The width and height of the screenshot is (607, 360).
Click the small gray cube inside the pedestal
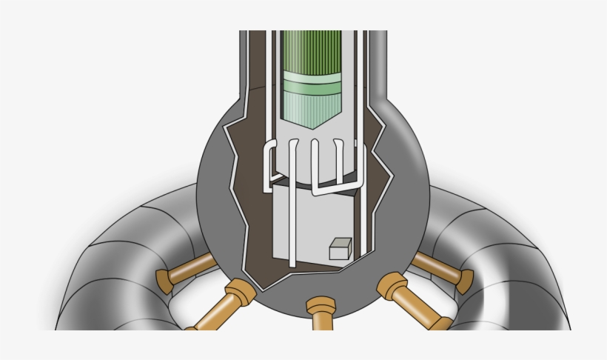pyautogui.click(x=340, y=249)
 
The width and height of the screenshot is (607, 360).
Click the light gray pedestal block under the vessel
pyautogui.click(x=311, y=222)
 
